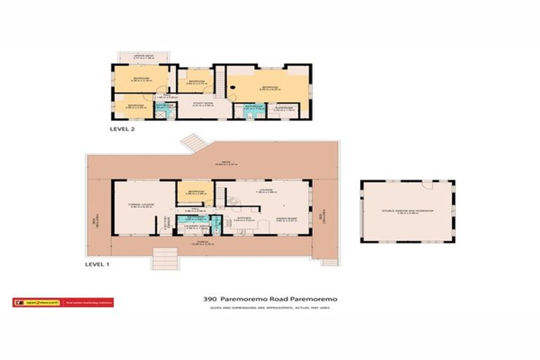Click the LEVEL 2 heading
pyautogui.click(x=122, y=130)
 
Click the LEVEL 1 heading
pyautogui.click(x=98, y=265)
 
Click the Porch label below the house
pyautogui.click(x=202, y=243)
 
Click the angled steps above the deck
pyautogui.click(x=192, y=143)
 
